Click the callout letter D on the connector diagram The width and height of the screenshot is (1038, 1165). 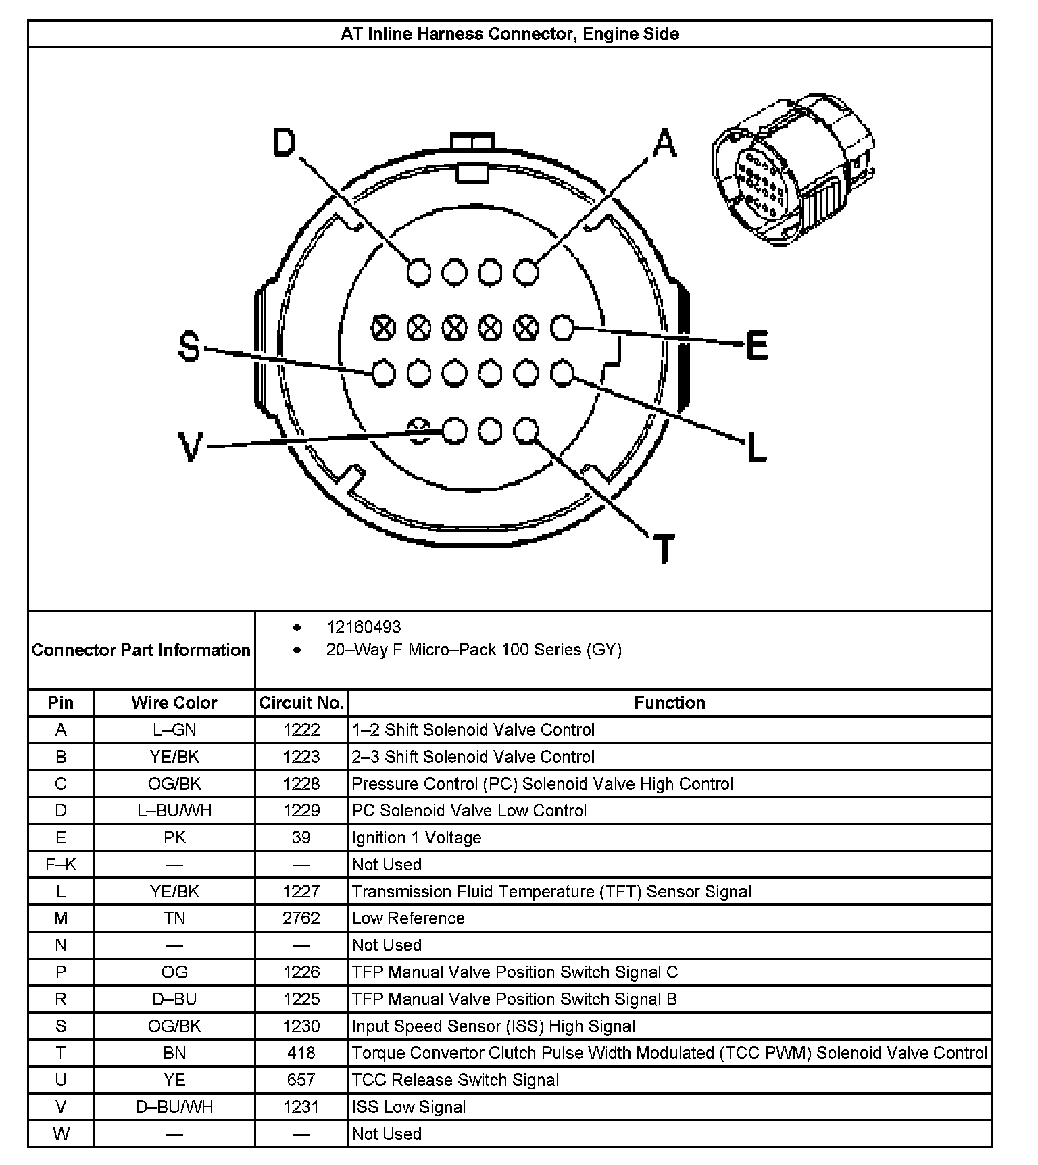pyautogui.click(x=285, y=143)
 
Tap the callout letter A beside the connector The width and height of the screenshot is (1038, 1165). pyautogui.click(x=665, y=143)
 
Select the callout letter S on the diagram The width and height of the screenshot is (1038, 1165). pyautogui.click(x=190, y=347)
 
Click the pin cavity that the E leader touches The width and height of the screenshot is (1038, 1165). pyautogui.click(x=562, y=328)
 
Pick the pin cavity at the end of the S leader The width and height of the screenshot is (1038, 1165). pyautogui.click(x=383, y=373)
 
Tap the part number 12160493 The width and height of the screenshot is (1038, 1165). pyautogui.click(x=364, y=627)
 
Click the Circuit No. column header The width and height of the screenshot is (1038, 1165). pyautogui.click(x=301, y=703)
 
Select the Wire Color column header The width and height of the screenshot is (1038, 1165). pyautogui.click(x=174, y=703)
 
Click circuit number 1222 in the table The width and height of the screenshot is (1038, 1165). pyautogui.click(x=301, y=730)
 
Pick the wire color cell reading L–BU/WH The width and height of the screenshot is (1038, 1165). pyautogui.click(x=174, y=810)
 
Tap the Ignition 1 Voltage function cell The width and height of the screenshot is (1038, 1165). pyautogui.click(x=416, y=837)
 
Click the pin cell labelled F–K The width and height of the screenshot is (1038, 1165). pyautogui.click(x=61, y=864)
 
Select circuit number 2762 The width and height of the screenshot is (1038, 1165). pyautogui.click(x=301, y=918)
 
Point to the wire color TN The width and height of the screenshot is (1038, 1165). pyautogui.click(x=174, y=918)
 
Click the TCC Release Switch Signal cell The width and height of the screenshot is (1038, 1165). pyautogui.click(x=455, y=1079)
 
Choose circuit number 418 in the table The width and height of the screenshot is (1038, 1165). pyautogui.click(x=301, y=1052)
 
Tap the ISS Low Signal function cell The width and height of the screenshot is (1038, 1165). pyautogui.click(x=409, y=1106)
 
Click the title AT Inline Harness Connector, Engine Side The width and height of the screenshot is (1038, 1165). pyautogui.click(x=510, y=34)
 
